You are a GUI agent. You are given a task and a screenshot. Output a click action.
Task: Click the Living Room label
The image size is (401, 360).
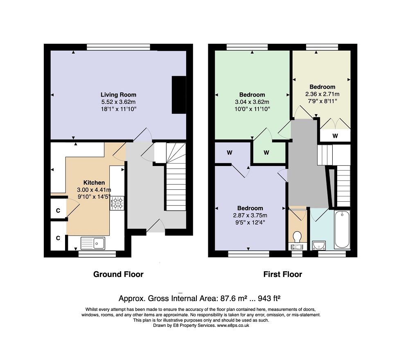click(x=118, y=95)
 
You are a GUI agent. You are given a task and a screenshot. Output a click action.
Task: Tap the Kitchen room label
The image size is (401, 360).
click(x=94, y=182)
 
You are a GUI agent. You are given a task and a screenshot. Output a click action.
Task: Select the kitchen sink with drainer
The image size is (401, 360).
click(x=93, y=243)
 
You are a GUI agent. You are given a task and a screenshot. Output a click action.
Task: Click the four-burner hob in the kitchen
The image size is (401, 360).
click(x=117, y=203)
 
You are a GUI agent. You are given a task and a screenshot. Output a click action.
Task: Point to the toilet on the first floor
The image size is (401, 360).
click(x=297, y=237)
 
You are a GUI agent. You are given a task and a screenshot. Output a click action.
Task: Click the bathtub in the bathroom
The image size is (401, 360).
click(x=342, y=229)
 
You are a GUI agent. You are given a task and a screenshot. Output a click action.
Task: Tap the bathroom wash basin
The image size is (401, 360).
click(x=319, y=245)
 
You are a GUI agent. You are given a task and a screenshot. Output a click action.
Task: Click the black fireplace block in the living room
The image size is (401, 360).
click(x=179, y=94)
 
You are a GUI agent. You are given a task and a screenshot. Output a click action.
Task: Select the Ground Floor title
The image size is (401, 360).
click(x=118, y=274)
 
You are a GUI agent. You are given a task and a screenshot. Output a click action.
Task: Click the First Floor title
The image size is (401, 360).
click(x=283, y=274)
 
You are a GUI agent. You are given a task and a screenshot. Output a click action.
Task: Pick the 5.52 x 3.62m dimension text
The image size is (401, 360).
click(x=118, y=102)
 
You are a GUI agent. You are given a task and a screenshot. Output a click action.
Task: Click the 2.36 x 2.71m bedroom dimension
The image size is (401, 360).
click(x=322, y=94)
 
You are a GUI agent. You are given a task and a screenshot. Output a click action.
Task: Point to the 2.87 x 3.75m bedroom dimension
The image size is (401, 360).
click(x=250, y=215)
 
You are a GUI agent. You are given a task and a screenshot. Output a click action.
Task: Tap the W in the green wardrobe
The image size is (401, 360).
click(x=266, y=153)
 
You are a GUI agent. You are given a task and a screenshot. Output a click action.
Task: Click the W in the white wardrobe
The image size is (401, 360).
click(x=335, y=136)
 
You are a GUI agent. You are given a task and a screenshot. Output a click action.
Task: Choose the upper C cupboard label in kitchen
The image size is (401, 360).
click(x=58, y=210)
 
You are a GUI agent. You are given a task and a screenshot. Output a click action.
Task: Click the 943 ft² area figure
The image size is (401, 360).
click(x=269, y=298)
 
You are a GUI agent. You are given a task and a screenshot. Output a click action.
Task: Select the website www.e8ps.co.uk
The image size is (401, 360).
click(x=233, y=326)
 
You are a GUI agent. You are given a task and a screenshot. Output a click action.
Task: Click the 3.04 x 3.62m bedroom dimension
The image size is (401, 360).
click(x=252, y=102)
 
